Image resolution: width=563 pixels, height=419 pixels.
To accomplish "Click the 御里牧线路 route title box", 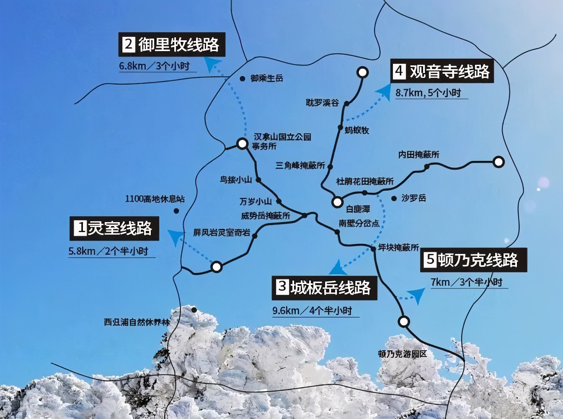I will tap(172, 44).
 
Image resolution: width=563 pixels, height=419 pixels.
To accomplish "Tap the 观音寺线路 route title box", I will tap(442, 71).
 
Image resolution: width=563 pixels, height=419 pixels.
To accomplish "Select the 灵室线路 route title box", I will tap(114, 228).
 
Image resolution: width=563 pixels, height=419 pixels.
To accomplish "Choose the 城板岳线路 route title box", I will tap(324, 287).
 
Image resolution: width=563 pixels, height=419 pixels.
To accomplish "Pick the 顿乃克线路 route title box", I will tap(474, 260).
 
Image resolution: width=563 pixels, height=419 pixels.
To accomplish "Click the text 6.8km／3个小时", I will tap(155, 66).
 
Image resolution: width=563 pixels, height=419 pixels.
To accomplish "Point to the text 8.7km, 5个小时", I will tap(428, 93).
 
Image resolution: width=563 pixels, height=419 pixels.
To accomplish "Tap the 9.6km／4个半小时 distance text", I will tap(312, 311).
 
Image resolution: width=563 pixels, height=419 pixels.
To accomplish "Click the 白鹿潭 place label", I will tap(358, 209).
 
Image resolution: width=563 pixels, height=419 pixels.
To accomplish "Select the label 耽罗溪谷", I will tap(322, 103).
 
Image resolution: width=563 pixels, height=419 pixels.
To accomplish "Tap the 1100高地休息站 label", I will tap(155, 199).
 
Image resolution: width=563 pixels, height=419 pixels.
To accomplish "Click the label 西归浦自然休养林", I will tap(137, 323).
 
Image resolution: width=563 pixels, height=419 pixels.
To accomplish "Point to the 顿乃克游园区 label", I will tap(402, 354).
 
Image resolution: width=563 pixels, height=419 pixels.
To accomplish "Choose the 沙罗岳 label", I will tap(414, 198).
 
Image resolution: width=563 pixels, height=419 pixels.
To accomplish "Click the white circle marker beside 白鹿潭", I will tap(337, 202).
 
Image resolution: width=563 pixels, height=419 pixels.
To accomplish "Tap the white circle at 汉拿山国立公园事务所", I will tap(242, 144).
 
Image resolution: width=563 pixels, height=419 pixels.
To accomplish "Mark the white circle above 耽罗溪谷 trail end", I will tap(362, 72).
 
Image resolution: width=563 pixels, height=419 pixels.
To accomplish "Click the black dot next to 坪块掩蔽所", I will tap(373, 249).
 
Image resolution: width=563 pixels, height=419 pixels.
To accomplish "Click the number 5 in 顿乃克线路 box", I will tap(430, 260).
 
